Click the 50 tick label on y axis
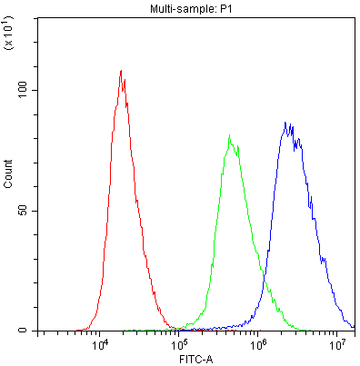(x=29, y=211)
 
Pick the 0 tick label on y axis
(x=32, y=331)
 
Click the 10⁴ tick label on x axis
(x=101, y=345)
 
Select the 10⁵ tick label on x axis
(x=180, y=345)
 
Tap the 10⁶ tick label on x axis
(x=259, y=345)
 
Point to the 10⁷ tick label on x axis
(x=338, y=345)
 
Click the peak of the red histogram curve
(x=121, y=71)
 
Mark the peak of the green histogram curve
(x=229, y=136)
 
